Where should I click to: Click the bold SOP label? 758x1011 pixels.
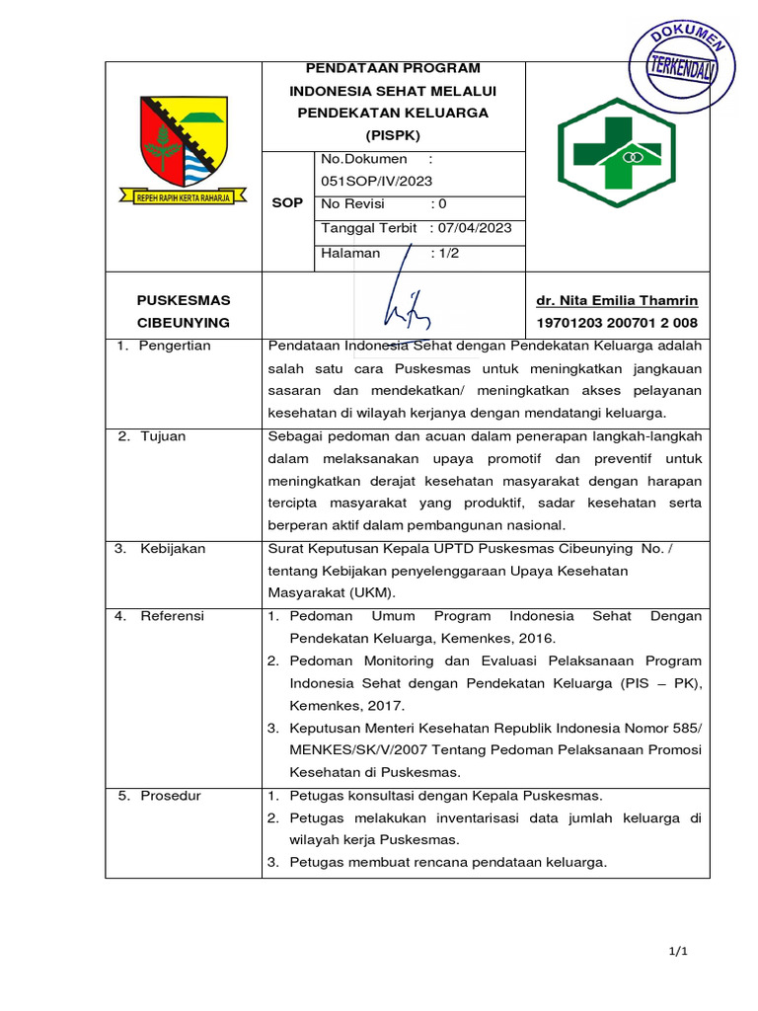(286, 202)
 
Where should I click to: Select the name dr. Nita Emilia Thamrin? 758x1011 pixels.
(617, 300)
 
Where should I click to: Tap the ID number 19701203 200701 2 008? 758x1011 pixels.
(617, 323)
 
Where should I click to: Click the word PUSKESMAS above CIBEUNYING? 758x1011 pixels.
(183, 299)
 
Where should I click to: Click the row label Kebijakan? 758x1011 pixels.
(173, 549)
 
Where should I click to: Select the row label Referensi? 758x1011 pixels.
(172, 616)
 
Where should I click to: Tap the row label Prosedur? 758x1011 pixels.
(170, 796)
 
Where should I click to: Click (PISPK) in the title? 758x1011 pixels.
(393, 134)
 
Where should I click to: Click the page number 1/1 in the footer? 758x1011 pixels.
(677, 951)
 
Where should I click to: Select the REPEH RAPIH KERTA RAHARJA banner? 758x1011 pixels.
(183, 197)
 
